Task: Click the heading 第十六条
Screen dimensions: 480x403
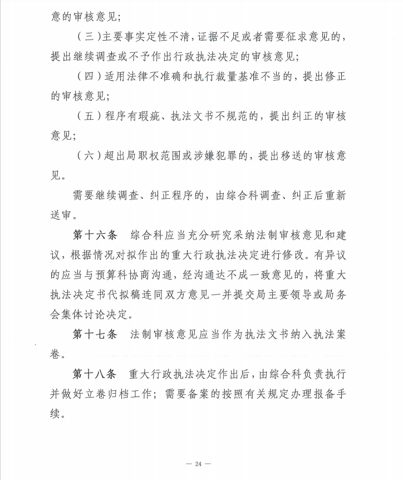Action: [95, 234]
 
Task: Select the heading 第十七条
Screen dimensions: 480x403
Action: [95, 335]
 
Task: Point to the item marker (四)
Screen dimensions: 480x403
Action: [87, 76]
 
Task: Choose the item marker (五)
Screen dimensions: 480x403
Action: [87, 116]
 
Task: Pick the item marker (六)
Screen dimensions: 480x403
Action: [87, 156]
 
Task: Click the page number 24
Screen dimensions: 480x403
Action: [201, 463]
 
